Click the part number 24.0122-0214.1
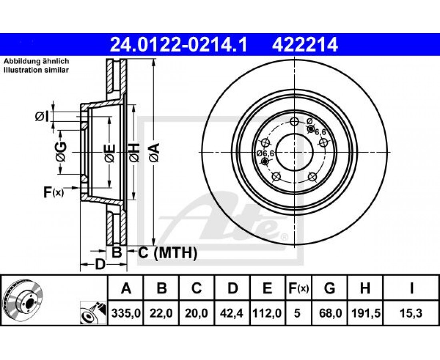178,45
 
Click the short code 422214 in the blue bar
304,45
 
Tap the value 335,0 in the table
126,312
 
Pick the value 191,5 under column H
365,312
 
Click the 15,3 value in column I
411,312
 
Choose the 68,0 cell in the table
330,312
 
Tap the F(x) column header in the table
298,288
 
